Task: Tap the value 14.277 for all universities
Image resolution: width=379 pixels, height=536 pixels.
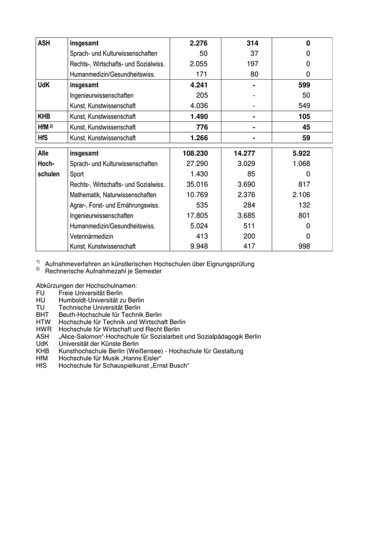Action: click(x=243, y=153)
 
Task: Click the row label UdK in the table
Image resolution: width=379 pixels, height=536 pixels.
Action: click(x=44, y=85)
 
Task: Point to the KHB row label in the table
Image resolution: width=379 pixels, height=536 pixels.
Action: click(x=44, y=116)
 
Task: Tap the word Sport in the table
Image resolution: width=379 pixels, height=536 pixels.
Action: click(x=77, y=174)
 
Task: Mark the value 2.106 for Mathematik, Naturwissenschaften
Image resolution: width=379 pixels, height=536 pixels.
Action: click(x=300, y=195)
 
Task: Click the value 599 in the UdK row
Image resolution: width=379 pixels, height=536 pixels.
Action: click(x=304, y=85)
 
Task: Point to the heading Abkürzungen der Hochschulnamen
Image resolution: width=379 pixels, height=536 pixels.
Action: click(x=86, y=285)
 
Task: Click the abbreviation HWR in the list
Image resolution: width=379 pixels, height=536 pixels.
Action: click(x=43, y=329)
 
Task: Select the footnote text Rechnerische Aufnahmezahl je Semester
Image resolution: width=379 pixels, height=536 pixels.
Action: click(x=103, y=271)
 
